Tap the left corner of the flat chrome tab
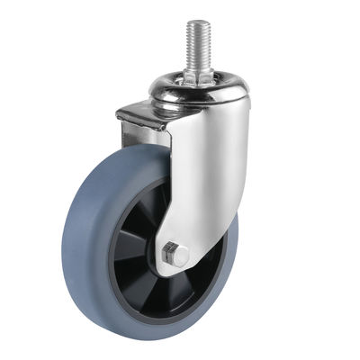tap(119, 114)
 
